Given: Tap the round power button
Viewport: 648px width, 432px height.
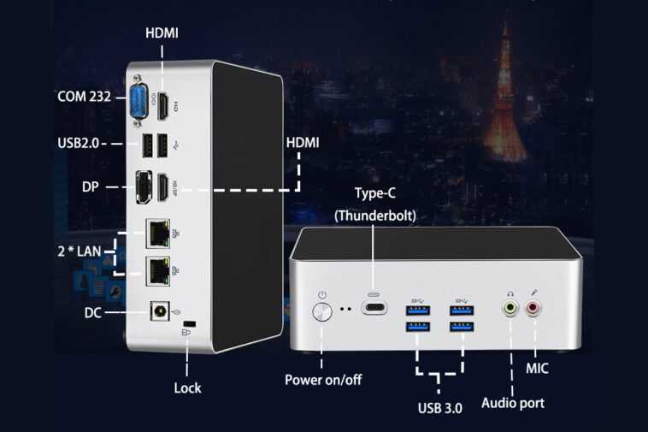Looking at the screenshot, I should point(322,310).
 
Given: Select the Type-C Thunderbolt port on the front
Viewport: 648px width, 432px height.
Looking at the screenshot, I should point(375,308).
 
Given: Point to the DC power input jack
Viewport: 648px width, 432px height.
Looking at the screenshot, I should point(158,312).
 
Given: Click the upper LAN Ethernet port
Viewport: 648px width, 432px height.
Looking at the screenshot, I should point(158,231).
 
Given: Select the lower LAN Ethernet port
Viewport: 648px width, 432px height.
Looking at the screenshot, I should point(158,270).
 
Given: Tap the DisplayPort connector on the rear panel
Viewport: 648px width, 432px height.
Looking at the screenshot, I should point(142,186).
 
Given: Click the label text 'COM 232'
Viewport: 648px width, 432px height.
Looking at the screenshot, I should point(84,97).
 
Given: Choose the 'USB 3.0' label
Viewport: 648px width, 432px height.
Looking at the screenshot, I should point(440,408).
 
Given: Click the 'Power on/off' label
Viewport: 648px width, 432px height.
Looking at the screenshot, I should point(323,379).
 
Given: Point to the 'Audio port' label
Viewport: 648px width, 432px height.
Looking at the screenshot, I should point(513,402).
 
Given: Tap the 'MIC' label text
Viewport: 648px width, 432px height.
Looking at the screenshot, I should point(538,369).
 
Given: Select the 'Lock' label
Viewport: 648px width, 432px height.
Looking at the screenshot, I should point(187,388).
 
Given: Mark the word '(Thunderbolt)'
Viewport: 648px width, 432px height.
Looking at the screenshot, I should point(375,216).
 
